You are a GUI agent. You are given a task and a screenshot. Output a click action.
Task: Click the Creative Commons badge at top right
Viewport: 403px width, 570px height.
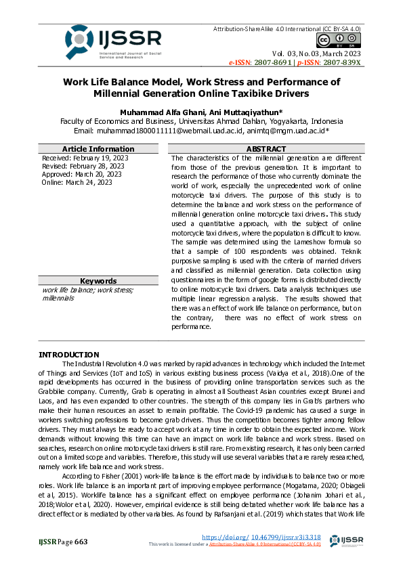point(346,41)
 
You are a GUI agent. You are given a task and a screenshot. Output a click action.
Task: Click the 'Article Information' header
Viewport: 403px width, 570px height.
point(98,149)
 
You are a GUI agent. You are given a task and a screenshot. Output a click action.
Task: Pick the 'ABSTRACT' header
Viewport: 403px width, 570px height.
point(266,149)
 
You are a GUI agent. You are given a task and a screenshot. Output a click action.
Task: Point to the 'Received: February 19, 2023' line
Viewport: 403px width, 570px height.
point(85,158)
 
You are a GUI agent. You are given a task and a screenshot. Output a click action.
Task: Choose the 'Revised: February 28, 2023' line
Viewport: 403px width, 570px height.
point(83,166)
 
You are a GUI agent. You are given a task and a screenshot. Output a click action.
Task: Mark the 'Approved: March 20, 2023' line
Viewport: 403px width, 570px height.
point(81,174)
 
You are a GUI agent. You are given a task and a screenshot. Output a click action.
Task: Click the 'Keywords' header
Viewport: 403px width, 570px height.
point(98,281)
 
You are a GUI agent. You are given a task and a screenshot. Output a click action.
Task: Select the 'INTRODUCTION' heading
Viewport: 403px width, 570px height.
point(68,355)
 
